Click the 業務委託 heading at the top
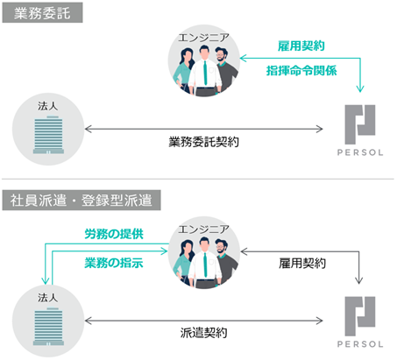click(42, 13)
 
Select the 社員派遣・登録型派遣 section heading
click(82, 201)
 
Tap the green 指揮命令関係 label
click(301, 71)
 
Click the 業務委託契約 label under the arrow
click(203, 142)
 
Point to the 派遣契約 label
click(203, 333)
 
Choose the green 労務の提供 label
click(114, 234)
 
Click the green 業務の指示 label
click(114, 263)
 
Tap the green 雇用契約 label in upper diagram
click(301, 46)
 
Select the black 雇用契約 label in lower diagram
click(302, 264)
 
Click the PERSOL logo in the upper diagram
click(360, 131)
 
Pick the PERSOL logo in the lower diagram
click(360, 322)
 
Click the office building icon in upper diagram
click(48, 135)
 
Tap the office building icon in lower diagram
click(48, 327)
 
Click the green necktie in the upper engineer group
click(205, 73)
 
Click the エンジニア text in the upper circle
click(203, 38)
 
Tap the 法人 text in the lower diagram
click(48, 298)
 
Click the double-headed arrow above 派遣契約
click(203, 321)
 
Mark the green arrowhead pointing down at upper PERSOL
click(360, 88)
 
